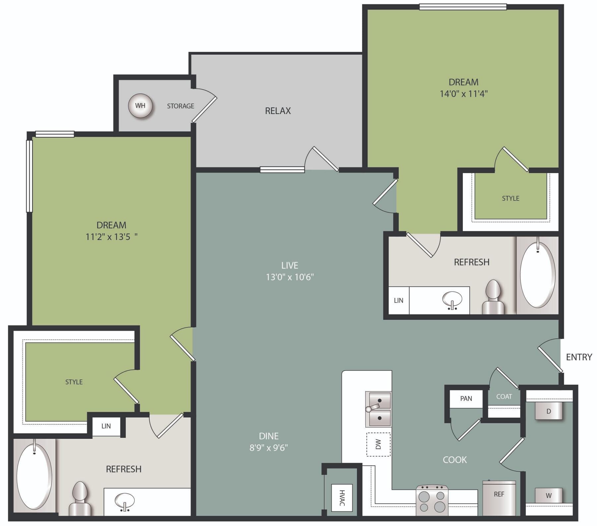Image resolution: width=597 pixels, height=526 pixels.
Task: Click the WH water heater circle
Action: (x=140, y=106)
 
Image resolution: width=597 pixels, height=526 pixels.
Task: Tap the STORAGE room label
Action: (x=180, y=106)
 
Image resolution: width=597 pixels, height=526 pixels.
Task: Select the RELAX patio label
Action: (x=278, y=111)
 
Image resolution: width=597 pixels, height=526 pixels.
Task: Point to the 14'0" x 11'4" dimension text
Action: (x=463, y=94)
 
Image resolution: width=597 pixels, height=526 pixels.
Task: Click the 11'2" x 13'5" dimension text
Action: (x=111, y=237)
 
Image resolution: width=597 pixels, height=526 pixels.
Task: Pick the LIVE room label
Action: (x=290, y=265)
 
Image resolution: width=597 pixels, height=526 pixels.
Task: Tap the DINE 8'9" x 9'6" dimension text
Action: (x=269, y=448)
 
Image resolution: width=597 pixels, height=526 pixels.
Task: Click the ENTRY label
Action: (x=579, y=357)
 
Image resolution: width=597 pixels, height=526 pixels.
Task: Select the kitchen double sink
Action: (x=378, y=409)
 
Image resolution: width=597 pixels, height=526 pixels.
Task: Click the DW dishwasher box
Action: (x=378, y=444)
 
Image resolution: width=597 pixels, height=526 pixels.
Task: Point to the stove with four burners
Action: (x=432, y=500)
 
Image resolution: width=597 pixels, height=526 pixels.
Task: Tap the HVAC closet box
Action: (x=342, y=497)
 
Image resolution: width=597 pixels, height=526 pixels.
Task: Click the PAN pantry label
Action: (x=466, y=398)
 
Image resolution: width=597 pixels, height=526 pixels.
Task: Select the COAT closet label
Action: (x=504, y=396)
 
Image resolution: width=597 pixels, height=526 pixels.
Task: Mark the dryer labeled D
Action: (x=549, y=411)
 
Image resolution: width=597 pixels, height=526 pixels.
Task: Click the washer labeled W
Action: (x=549, y=496)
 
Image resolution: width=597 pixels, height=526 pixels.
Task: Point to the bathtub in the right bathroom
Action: (x=537, y=275)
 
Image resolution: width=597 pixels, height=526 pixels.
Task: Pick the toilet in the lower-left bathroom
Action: (x=80, y=499)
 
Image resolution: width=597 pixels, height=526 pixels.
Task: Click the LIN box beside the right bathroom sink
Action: (x=398, y=300)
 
